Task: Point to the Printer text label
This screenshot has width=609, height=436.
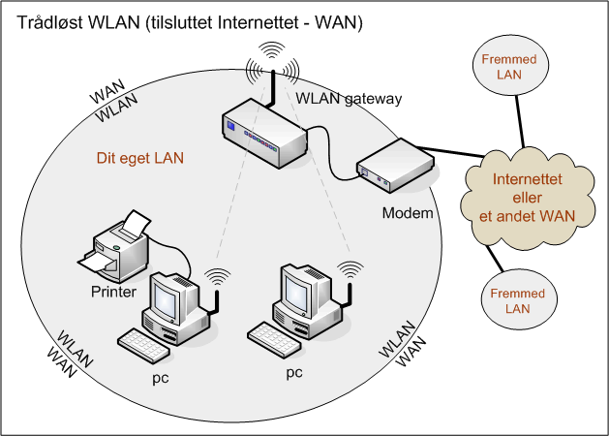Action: pyautogui.click(x=113, y=291)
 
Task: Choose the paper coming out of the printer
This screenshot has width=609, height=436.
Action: pyautogui.click(x=96, y=262)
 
